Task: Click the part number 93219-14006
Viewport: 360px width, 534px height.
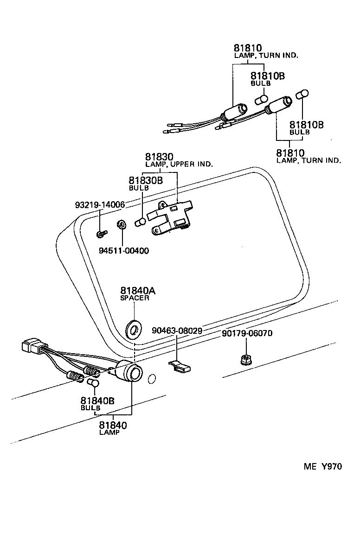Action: click(100, 205)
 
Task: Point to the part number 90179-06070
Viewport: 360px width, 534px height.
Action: click(246, 333)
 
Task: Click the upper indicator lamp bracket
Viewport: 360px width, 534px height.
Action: click(169, 216)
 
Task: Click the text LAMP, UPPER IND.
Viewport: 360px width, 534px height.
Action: click(179, 165)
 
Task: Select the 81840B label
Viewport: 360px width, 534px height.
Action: click(97, 402)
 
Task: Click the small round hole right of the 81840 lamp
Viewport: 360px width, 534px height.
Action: click(151, 380)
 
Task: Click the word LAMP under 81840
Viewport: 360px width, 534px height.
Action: click(109, 432)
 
